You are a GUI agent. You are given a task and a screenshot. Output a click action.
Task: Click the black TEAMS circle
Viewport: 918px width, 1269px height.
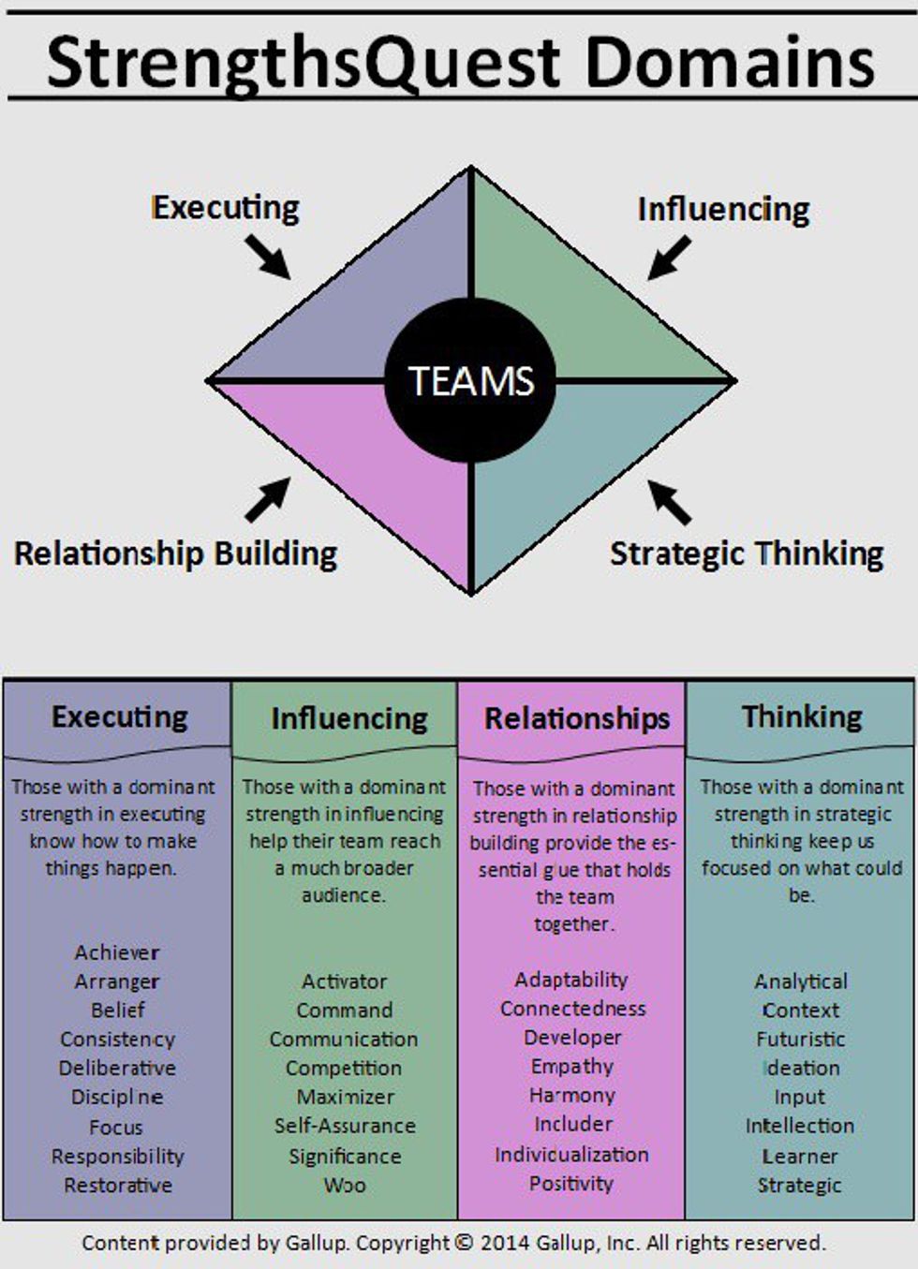[x=470, y=380]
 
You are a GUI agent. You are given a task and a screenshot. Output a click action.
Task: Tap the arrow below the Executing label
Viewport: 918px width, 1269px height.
[x=268, y=257]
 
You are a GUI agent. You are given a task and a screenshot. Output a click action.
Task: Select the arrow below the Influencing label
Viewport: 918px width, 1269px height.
[x=669, y=258]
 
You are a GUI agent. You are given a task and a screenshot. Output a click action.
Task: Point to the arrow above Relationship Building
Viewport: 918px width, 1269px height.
[x=268, y=500]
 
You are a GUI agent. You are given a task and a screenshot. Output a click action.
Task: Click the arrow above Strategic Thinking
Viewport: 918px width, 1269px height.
[x=669, y=502]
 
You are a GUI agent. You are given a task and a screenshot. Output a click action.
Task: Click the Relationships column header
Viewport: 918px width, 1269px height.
[x=577, y=718]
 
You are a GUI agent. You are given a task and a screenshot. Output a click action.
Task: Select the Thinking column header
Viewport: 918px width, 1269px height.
[x=802, y=716]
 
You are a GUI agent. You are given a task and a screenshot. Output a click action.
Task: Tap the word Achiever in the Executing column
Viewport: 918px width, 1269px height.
[x=117, y=952]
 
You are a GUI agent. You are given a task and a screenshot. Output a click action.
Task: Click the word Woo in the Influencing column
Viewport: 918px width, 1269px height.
[x=345, y=1185]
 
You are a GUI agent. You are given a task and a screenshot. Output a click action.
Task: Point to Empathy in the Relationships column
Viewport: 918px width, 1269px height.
[x=571, y=1067]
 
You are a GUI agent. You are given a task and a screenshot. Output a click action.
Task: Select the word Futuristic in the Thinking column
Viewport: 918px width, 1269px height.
[x=801, y=1039]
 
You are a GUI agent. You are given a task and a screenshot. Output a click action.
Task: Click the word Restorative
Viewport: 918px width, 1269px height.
[x=118, y=1185]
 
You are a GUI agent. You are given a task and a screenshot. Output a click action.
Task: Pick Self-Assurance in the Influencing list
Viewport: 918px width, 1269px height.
[x=345, y=1126]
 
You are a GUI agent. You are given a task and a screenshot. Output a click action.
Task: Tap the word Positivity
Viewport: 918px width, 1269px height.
[x=570, y=1184]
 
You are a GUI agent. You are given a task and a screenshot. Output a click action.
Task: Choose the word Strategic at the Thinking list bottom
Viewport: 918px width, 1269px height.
[x=800, y=1185]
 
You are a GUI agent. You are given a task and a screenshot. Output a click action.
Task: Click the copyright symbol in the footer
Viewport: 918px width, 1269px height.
[x=464, y=1243]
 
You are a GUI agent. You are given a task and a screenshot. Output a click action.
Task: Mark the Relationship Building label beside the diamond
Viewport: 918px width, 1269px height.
[x=175, y=553]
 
